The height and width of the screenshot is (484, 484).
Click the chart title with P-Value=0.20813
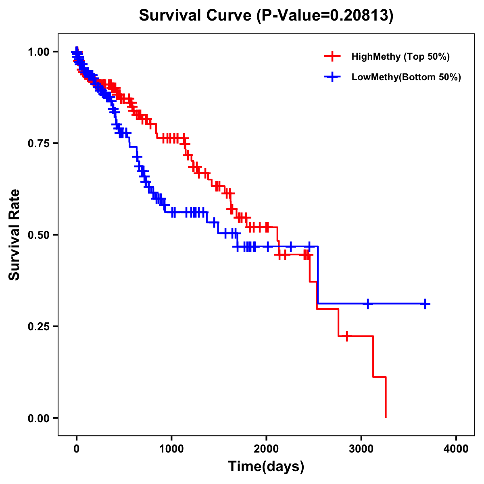266,15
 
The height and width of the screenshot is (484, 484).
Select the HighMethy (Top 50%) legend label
400,56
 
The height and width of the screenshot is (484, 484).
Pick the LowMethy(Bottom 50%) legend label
406,77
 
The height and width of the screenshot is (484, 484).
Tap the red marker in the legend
332,56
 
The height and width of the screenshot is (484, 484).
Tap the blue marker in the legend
332,77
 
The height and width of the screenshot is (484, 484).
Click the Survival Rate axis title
15,235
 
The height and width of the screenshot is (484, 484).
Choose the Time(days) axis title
266,467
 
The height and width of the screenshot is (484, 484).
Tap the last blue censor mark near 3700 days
425,304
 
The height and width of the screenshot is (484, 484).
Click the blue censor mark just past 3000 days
368,304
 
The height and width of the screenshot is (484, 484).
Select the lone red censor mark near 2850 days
346,336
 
